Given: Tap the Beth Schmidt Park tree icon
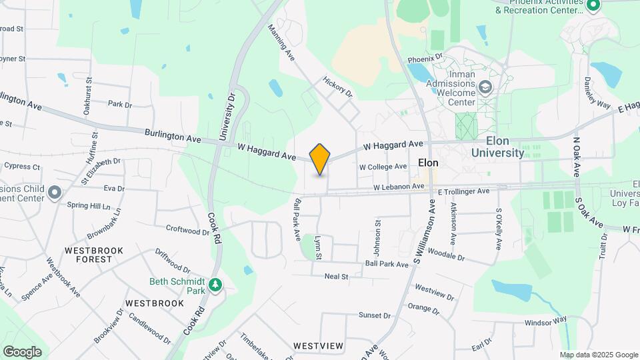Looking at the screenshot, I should click(215, 285).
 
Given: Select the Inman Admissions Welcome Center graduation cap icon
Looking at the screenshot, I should click(486, 87).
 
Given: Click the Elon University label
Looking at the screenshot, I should click(497, 147).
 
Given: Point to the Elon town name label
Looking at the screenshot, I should click(427, 163).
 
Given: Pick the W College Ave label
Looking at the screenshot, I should click(383, 167).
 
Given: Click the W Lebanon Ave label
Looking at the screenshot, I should click(399, 187).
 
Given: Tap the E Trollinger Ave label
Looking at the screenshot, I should click(463, 191).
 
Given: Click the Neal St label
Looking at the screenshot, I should click(336, 276).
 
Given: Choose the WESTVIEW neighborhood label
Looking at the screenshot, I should click(318, 345).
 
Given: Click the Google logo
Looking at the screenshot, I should click(22, 351).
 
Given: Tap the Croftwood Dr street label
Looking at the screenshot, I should click(187, 231).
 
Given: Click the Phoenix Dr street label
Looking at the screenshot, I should click(426, 57).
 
